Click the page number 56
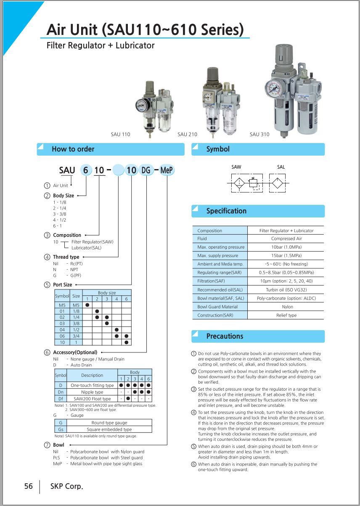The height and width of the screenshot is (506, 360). (29, 486)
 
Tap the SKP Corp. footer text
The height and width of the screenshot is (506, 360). (66, 486)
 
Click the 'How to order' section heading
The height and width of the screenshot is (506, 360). (73, 149)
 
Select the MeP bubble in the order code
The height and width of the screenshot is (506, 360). (167, 170)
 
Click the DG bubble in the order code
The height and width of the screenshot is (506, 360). (146, 170)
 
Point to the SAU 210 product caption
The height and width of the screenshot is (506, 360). (187, 135)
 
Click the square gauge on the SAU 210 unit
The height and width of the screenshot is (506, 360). (208, 97)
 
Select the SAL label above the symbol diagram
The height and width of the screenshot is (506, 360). (281, 167)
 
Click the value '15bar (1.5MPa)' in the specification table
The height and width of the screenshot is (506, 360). (286, 255)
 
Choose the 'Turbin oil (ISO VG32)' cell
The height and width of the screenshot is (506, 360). (286, 290)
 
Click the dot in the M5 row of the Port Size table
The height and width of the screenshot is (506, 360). (87, 305)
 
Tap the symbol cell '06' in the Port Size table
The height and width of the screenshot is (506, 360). (62, 336)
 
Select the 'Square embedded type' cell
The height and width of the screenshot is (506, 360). (109, 429)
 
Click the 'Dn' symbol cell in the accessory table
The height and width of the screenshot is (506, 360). (61, 392)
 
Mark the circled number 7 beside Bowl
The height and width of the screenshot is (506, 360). (47, 445)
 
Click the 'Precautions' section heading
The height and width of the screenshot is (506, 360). (225, 336)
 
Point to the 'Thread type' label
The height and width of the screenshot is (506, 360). (66, 257)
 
